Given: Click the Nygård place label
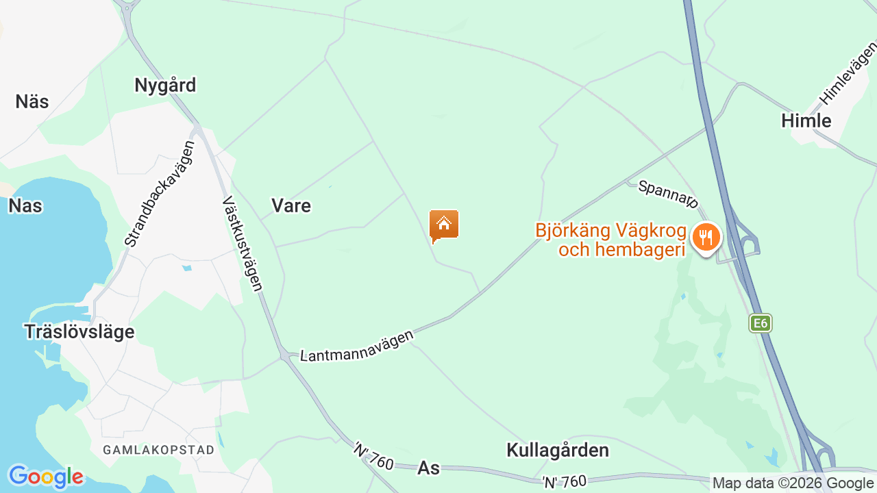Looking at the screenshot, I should pos(165,86).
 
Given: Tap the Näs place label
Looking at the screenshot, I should pos(32,102).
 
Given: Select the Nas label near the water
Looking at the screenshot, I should pos(25,206).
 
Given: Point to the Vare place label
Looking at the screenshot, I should pos(291,206).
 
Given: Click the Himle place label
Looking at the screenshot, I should pos(806,121).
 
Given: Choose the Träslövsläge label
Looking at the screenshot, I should pos(79,332).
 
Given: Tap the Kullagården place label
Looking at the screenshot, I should pos(558,451).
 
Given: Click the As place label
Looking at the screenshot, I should pos(428,468).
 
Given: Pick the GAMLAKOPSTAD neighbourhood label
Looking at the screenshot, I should pos(159,450).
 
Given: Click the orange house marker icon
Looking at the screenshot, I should pos(444,225).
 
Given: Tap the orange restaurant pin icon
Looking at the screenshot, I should pos(706,238).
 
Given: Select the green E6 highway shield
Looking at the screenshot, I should pos(761,323).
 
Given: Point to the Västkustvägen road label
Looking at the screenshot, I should pos(243,244).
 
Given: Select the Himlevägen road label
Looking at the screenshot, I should pos(848,73).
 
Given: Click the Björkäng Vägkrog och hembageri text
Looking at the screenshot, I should pos(610,240).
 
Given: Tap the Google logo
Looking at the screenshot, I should pos(45,477).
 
